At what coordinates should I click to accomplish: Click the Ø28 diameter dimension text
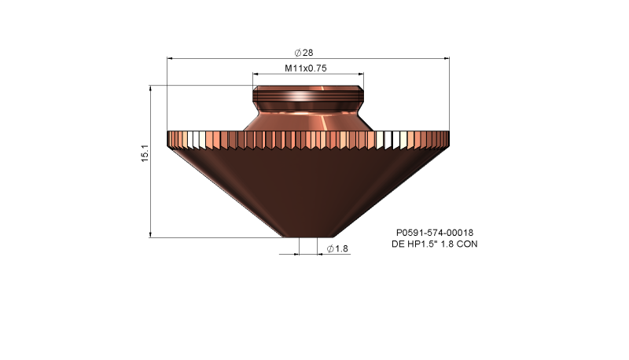pyautogui.click(x=303, y=51)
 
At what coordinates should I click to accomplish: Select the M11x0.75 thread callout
pyautogui.click(x=307, y=68)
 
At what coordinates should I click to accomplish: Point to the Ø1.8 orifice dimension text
pyautogui.click(x=337, y=248)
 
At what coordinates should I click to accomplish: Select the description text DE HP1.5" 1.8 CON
pyautogui.click(x=434, y=244)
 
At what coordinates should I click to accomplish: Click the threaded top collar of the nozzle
pyautogui.click(x=307, y=99)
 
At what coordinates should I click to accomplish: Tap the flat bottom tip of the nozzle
pyautogui.click(x=307, y=235)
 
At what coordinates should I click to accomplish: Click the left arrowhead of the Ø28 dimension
pyautogui.click(x=171, y=58)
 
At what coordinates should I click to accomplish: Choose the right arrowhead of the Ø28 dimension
pyautogui.click(x=446, y=58)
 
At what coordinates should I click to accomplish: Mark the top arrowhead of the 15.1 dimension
pyautogui.click(x=150, y=89)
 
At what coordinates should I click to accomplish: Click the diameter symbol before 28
pyautogui.click(x=298, y=51)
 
